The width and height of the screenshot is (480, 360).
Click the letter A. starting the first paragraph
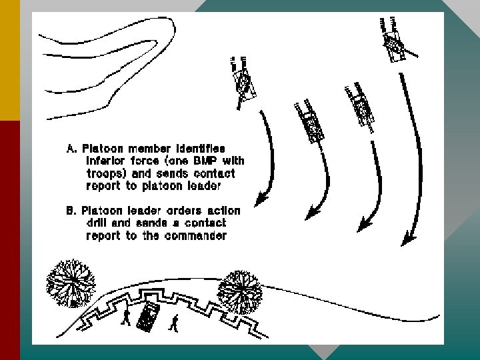[x=70, y=148]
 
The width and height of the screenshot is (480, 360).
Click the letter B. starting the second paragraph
[x=70, y=211]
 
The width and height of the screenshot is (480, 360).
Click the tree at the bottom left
[x=69, y=281]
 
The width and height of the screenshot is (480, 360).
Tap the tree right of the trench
[x=240, y=291]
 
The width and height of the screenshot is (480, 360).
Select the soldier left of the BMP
[x=125, y=317]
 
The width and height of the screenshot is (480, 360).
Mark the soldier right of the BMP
[x=174, y=323]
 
